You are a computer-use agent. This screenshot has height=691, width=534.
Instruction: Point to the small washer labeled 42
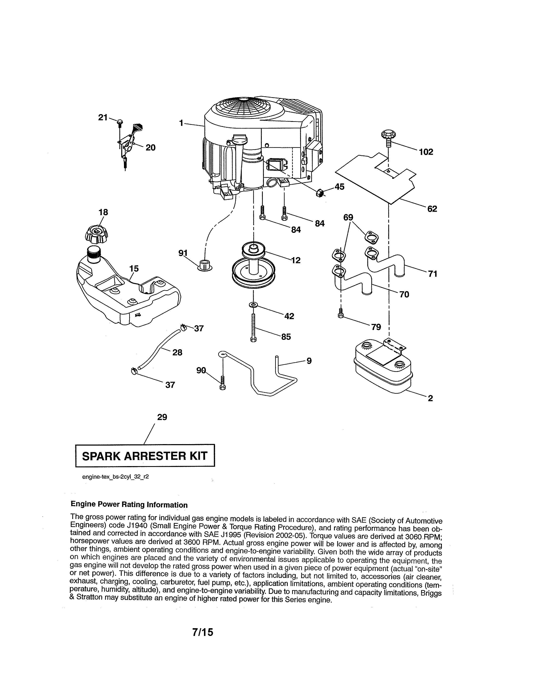pyautogui.click(x=253, y=305)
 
